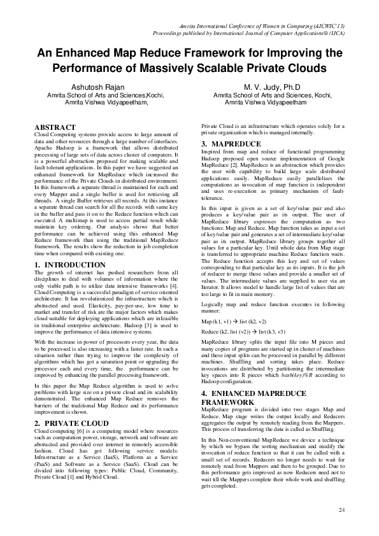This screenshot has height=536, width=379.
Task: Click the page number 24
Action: [341, 510]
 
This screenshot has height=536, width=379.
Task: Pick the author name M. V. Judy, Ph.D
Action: [267, 87]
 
